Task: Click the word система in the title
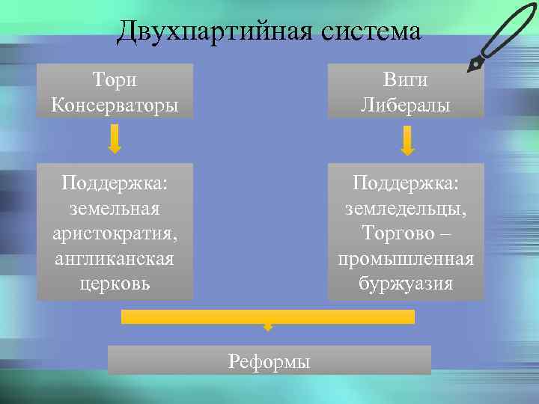pos(371,31)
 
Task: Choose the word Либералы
pos(405,104)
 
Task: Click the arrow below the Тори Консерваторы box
pos(115,139)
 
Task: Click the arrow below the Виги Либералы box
pos(406,140)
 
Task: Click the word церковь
pos(115,284)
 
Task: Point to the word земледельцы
pos(405,207)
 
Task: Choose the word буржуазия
pos(405,284)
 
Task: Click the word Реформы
pos(269,362)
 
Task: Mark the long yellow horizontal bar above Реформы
pos(268,316)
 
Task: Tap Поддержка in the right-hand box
pos(405,182)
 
